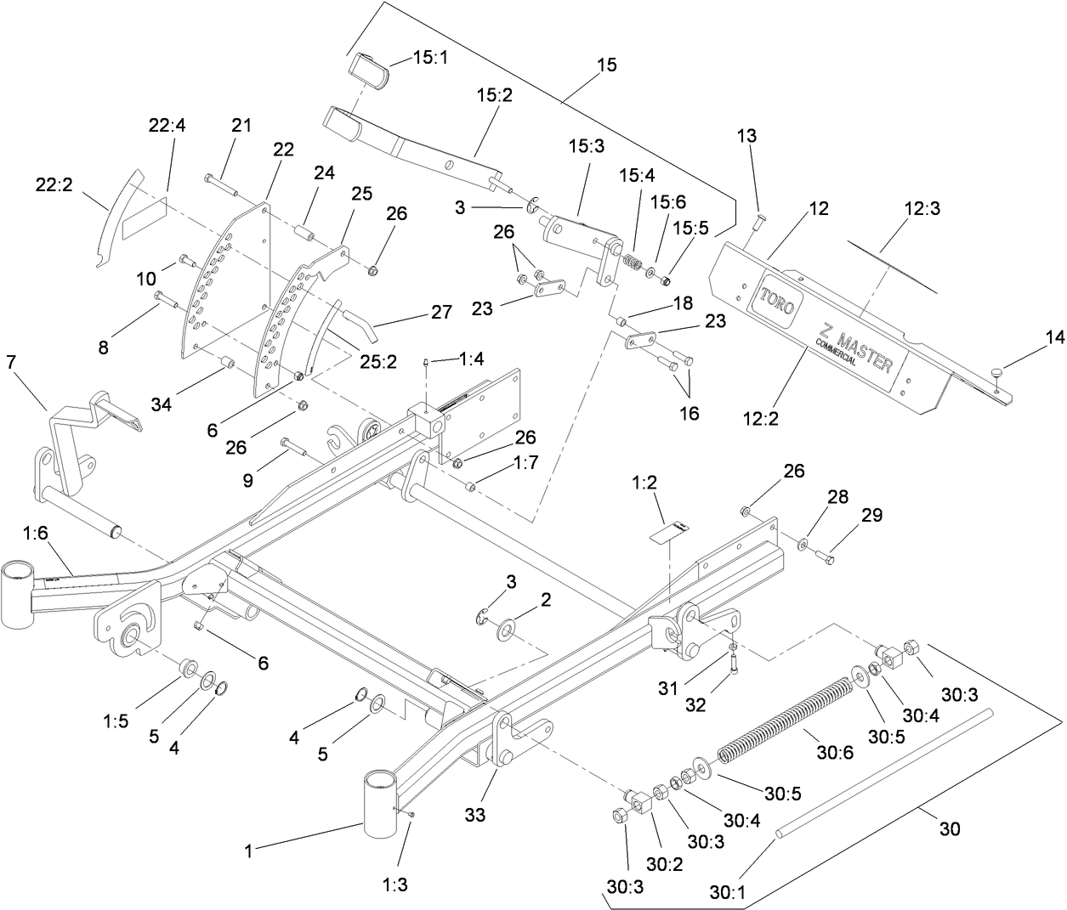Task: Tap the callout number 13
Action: tap(746, 136)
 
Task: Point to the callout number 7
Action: tap(11, 363)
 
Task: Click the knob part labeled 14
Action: tap(1001, 370)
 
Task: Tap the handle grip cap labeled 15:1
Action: tap(367, 68)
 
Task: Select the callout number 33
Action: tap(474, 815)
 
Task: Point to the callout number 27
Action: tap(441, 312)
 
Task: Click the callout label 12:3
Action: tap(922, 208)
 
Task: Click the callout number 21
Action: tap(241, 125)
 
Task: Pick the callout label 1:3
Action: tap(395, 885)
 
